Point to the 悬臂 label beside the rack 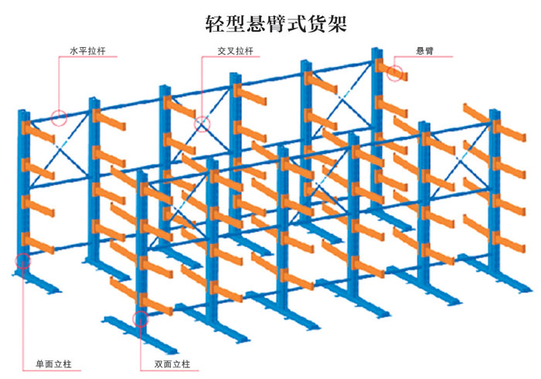tap(424, 52)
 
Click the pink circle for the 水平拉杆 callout tap(59, 118)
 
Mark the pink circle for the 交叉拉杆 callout tap(202, 123)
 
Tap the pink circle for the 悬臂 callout tap(396, 73)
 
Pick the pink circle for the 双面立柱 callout tap(140, 318)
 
